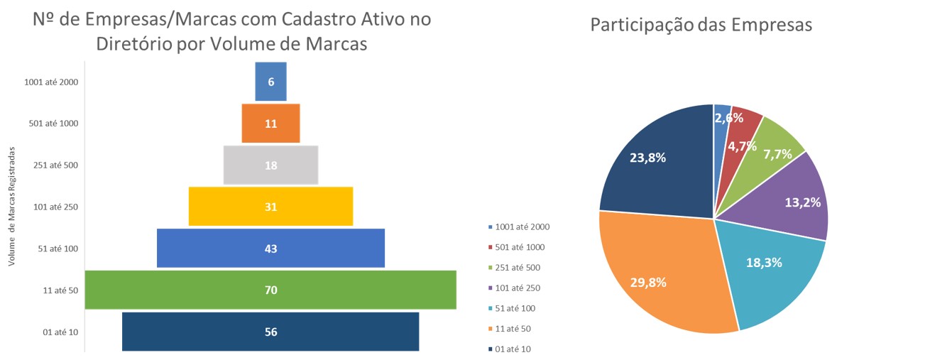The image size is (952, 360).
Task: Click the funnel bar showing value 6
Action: pyautogui.click(x=270, y=81)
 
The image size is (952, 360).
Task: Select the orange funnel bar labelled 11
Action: pyautogui.click(x=270, y=123)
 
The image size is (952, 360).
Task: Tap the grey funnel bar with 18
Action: pyautogui.click(x=270, y=165)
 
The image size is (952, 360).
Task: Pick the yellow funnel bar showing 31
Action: pyautogui.click(x=270, y=207)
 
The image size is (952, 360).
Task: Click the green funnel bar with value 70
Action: pyautogui.click(x=270, y=290)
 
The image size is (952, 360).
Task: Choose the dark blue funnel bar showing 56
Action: pyautogui.click(x=270, y=332)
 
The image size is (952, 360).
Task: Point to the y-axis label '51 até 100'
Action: pyautogui.click(x=58, y=249)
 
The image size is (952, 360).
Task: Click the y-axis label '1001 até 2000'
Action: pyautogui.click(x=51, y=82)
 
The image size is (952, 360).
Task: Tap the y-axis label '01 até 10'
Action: pyautogui.click(x=60, y=332)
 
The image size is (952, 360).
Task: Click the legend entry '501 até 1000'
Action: pyautogui.click(x=522, y=247)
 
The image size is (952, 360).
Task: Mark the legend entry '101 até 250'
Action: pyautogui.click(x=520, y=288)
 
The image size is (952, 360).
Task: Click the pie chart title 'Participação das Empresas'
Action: pyautogui.click(x=701, y=26)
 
